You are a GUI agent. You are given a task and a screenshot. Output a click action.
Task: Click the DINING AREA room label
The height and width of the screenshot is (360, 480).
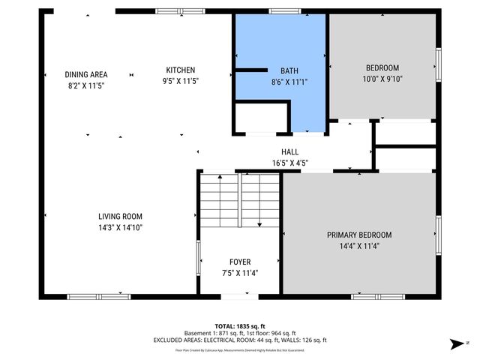86,74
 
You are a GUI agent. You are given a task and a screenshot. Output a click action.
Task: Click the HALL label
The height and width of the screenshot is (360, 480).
289,151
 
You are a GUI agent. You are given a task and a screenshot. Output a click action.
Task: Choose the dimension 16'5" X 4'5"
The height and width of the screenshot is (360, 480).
289,162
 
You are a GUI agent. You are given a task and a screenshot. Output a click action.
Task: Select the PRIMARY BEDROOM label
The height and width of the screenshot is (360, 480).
358,235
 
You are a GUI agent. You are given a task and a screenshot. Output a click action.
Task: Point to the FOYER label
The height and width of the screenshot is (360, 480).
240,262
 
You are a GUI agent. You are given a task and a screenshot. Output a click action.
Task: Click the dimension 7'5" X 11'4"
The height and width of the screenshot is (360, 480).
240,272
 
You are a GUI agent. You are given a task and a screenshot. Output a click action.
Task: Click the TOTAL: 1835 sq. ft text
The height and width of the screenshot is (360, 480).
240,326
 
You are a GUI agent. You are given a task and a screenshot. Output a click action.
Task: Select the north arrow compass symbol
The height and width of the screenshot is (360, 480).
456,344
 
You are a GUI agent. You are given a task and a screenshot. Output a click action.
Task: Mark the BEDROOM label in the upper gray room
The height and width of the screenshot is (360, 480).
382,67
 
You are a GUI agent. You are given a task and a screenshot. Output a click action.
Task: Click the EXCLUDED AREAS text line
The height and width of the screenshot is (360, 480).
240,340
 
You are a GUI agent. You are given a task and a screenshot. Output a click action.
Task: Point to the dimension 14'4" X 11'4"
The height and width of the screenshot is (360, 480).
358,245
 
